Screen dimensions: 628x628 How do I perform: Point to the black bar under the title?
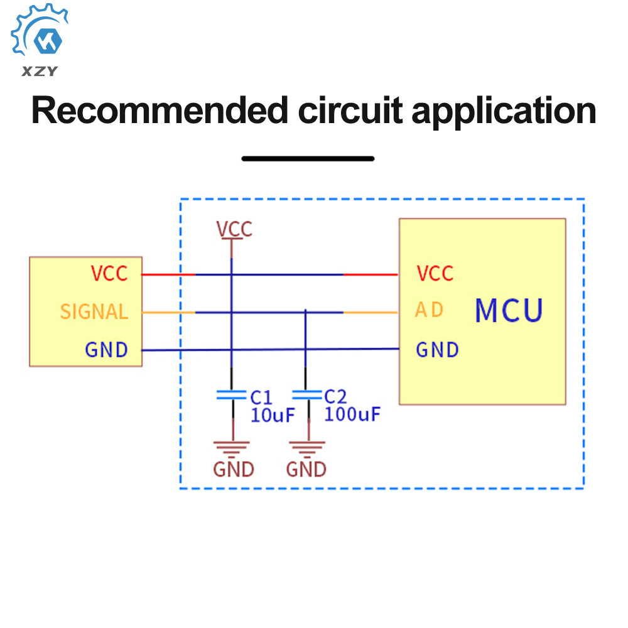308,159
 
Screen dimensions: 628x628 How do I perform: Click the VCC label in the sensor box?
109,274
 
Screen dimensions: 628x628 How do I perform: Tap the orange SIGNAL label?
94,311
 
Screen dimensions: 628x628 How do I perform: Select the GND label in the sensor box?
106,350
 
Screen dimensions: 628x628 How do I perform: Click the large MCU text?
509,310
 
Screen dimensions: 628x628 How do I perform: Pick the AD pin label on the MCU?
430,310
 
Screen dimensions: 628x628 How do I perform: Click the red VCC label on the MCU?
435,274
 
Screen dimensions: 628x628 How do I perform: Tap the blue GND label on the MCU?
437,350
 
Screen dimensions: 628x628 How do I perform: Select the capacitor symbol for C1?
231,395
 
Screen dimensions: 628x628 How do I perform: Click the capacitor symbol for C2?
307,395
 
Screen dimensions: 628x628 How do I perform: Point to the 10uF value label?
273,415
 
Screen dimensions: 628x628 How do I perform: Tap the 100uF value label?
352,414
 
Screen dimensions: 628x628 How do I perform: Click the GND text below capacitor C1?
233,469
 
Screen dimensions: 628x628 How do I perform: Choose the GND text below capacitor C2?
306,469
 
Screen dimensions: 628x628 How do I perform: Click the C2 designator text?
335,397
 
